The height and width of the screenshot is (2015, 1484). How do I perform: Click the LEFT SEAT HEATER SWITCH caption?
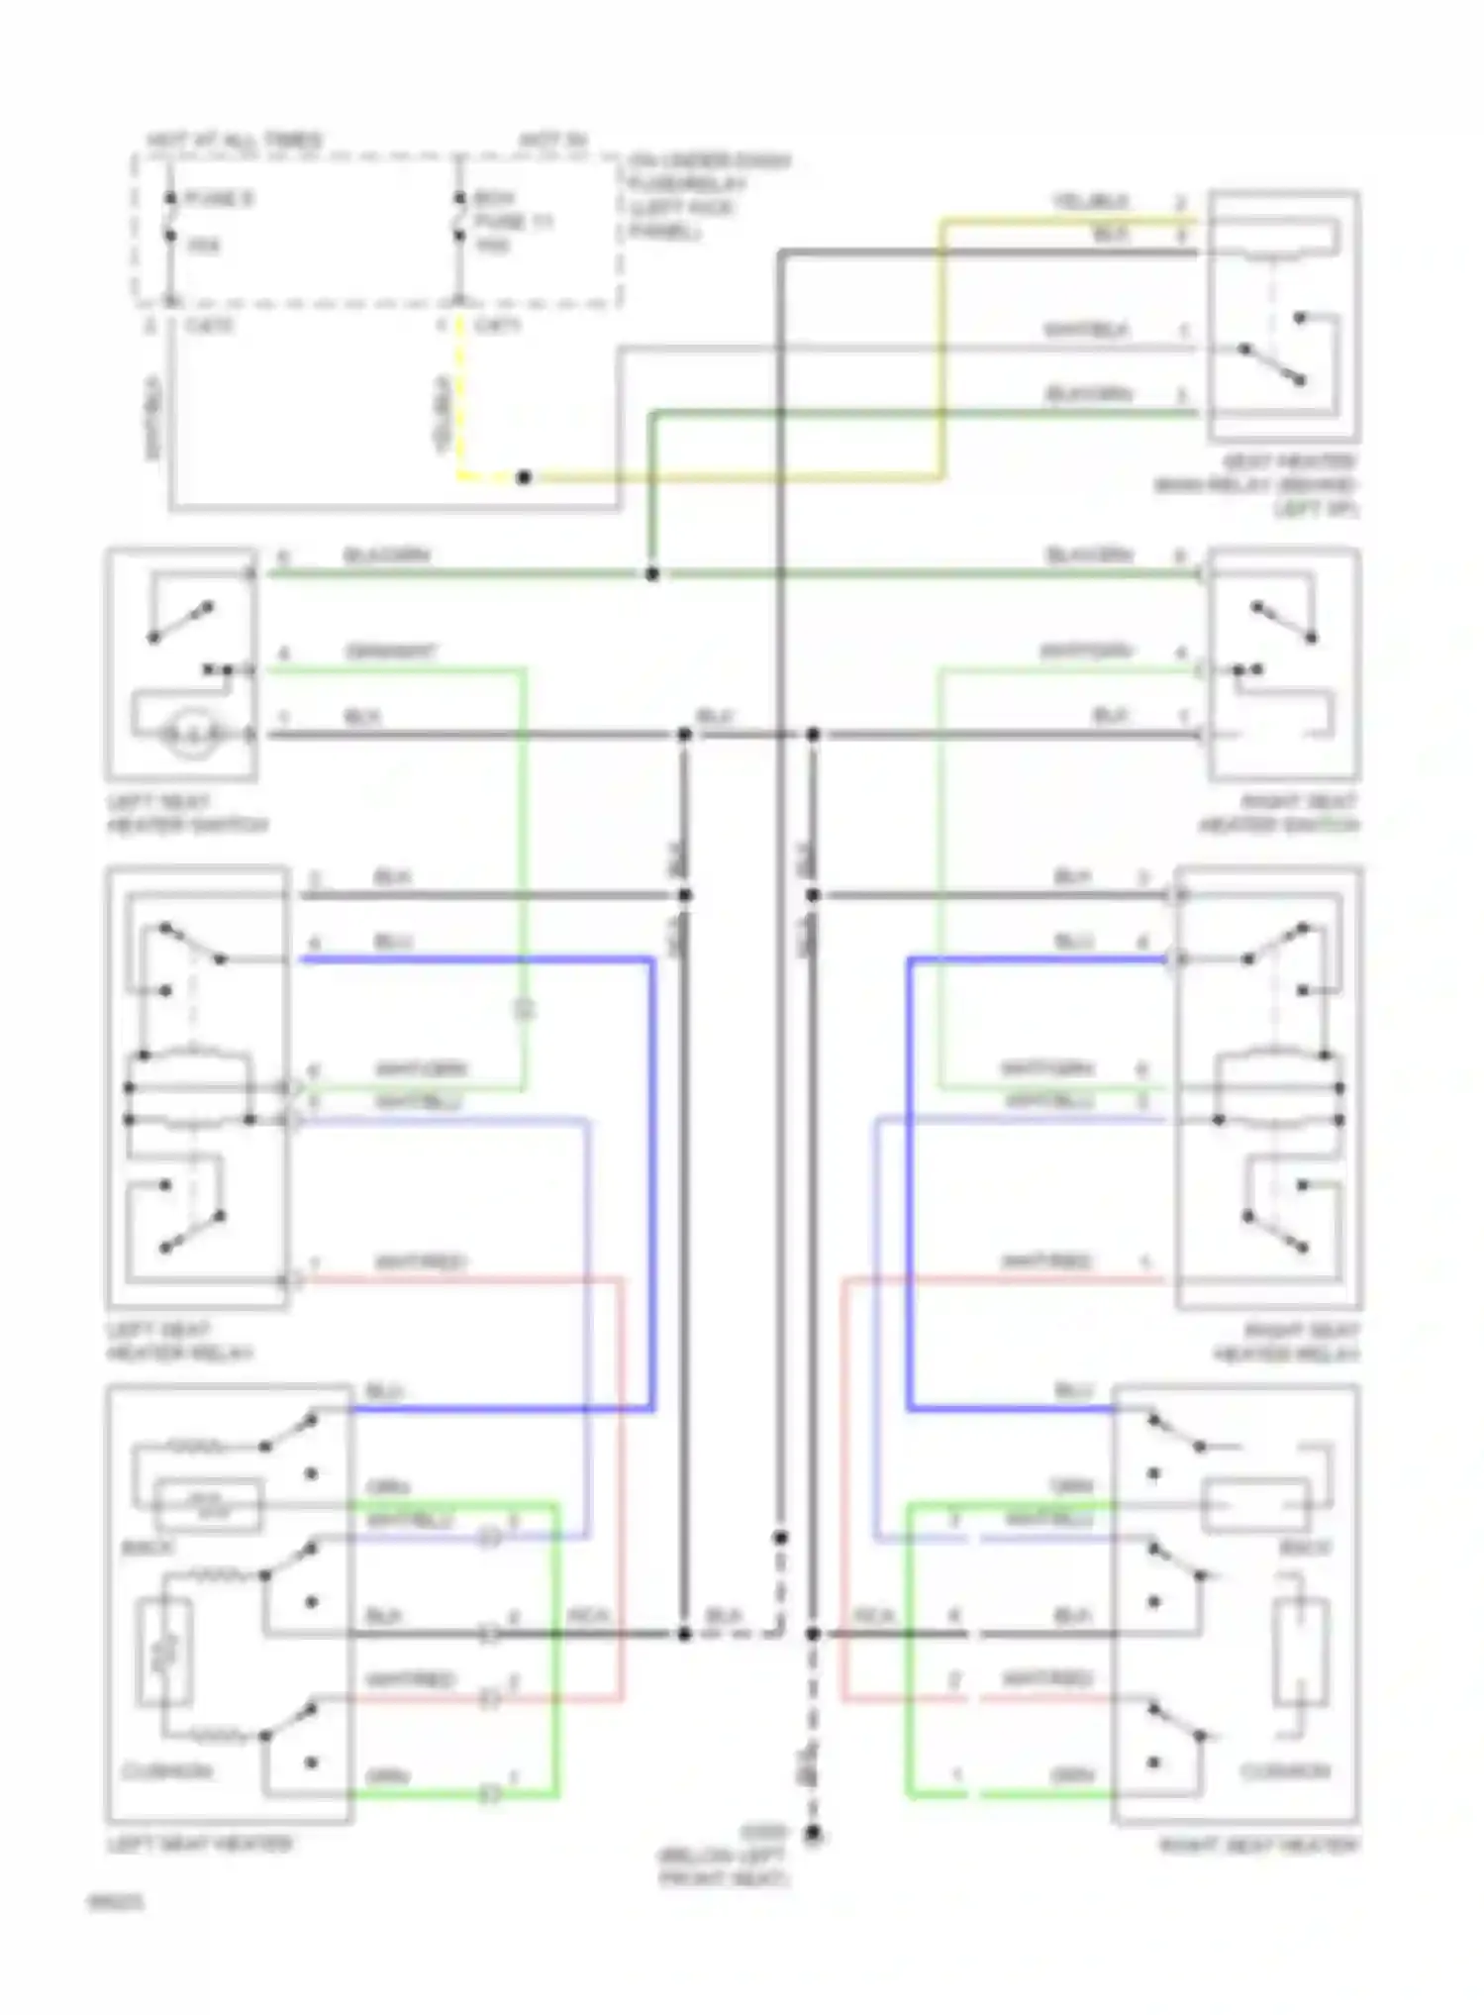coord(186,813)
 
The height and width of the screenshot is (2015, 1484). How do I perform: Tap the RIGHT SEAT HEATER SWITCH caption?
coord(1279,813)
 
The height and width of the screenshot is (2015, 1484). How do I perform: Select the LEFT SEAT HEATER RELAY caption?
coord(179,1342)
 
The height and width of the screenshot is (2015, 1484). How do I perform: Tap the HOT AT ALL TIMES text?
coord(234,141)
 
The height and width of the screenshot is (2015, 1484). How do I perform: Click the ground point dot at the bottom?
coord(813,1835)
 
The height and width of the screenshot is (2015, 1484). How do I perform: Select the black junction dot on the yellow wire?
coord(524,478)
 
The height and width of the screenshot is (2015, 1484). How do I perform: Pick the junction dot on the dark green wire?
coord(651,573)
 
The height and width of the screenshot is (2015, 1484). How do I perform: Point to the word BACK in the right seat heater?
coord(1305,1548)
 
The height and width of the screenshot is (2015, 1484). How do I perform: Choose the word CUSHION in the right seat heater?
coord(1285,1770)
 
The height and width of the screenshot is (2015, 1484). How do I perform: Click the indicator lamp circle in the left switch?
coord(185,735)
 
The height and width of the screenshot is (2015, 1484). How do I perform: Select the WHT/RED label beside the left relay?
coord(420,1262)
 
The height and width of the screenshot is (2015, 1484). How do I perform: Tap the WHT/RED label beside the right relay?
coord(1047,1262)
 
